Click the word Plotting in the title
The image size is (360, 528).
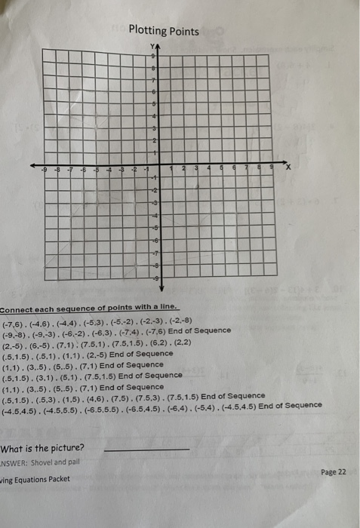[x=147, y=31]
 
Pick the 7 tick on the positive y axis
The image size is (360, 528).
[x=154, y=81]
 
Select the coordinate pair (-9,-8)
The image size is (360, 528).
[x=17, y=330]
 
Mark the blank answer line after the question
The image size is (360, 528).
[x=145, y=449]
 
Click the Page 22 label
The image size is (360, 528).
[x=333, y=471]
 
